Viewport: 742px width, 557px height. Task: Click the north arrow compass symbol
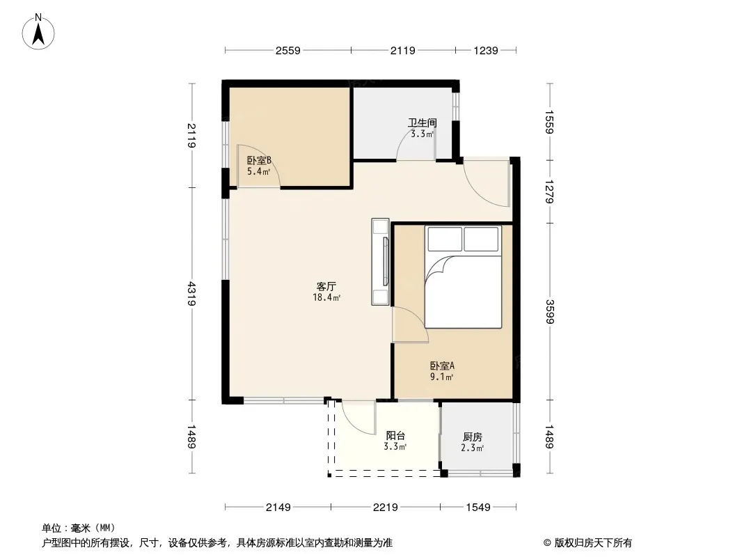click(38, 32)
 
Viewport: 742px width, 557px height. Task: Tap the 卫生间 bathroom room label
click(422, 123)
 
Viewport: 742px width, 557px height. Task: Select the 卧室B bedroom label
click(259, 160)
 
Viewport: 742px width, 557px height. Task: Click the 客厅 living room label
click(326, 287)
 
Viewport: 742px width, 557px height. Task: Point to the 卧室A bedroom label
click(442, 366)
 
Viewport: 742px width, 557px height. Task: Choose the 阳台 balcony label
click(395, 436)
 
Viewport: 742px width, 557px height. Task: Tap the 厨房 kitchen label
click(472, 437)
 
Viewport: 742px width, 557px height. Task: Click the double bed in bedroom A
click(464, 277)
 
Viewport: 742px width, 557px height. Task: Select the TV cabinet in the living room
click(381, 262)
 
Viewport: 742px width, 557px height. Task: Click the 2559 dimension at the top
click(287, 50)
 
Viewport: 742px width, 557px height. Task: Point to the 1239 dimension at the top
click(486, 50)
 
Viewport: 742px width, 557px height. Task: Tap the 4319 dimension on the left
click(191, 293)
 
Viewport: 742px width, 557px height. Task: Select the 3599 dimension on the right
click(549, 312)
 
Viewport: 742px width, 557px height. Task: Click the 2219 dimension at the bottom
click(385, 508)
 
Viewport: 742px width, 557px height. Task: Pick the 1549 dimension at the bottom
click(478, 508)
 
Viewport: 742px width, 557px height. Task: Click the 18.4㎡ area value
click(326, 298)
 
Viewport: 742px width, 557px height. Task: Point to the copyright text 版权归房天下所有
click(593, 543)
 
